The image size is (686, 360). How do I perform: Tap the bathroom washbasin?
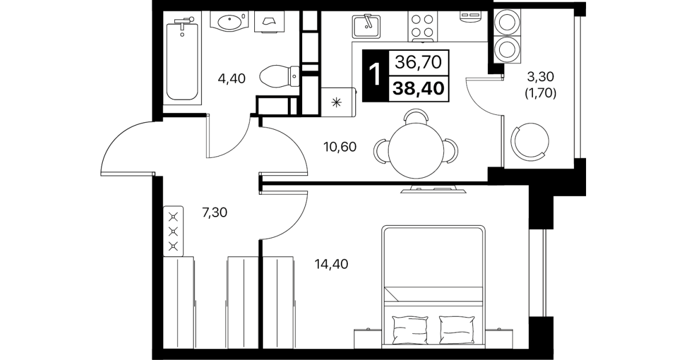pyautogui.click(x=230, y=22)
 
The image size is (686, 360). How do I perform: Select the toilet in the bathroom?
pyautogui.click(x=279, y=76)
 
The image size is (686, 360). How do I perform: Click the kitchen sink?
pyautogui.click(x=366, y=26)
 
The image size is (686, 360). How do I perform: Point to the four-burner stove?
pyautogui.click(x=422, y=26)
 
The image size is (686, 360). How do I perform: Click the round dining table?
pyautogui.click(x=416, y=151)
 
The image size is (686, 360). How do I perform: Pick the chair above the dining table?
pyautogui.click(x=416, y=117)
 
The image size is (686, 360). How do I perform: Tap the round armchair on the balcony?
pyautogui.click(x=530, y=142)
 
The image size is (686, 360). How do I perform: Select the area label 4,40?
pyautogui.click(x=231, y=79)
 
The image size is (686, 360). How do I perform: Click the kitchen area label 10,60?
pyautogui.click(x=340, y=147)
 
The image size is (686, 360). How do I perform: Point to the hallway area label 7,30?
pyautogui.click(x=214, y=213)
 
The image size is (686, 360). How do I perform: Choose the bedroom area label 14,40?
pyautogui.click(x=331, y=264)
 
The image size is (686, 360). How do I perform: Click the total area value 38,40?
pyautogui.click(x=418, y=89)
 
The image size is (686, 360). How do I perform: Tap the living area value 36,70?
pyautogui.click(x=418, y=62)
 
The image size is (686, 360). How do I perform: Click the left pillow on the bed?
pyautogui.click(x=410, y=330)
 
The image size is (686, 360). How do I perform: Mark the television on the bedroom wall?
pyautogui.click(x=434, y=189)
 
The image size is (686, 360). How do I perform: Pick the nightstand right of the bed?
pyautogui.click(x=499, y=338)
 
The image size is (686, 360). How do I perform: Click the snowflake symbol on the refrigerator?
pyautogui.click(x=336, y=102)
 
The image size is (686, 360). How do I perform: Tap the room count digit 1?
pyautogui.click(x=375, y=74)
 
